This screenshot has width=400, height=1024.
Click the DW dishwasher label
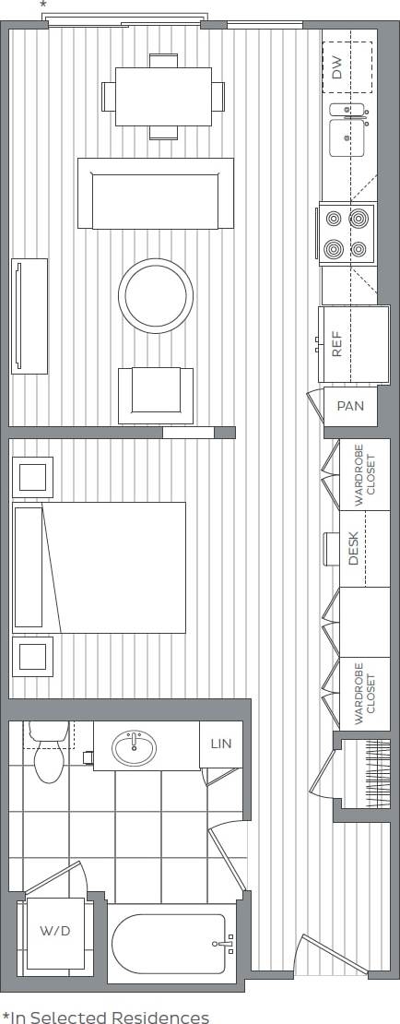[337, 66]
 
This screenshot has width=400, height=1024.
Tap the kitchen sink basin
[348, 138]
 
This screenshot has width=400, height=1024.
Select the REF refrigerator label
[337, 344]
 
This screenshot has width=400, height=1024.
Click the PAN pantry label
[350, 406]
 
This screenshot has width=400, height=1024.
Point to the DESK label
[354, 550]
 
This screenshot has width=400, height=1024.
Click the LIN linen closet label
[221, 743]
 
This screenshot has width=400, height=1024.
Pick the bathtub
[170, 944]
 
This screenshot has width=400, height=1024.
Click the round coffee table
[156, 295]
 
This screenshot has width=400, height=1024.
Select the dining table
[163, 96]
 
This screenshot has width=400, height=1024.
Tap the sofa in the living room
[156, 194]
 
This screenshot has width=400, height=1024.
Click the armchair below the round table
[156, 392]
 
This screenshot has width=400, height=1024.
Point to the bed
[101, 567]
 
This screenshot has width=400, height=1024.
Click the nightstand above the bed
[33, 477]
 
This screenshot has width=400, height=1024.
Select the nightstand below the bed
[33, 657]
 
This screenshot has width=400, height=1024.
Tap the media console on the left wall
[29, 316]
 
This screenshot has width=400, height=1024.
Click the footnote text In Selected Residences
[105, 1017]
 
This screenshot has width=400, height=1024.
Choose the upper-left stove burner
[334, 219]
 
